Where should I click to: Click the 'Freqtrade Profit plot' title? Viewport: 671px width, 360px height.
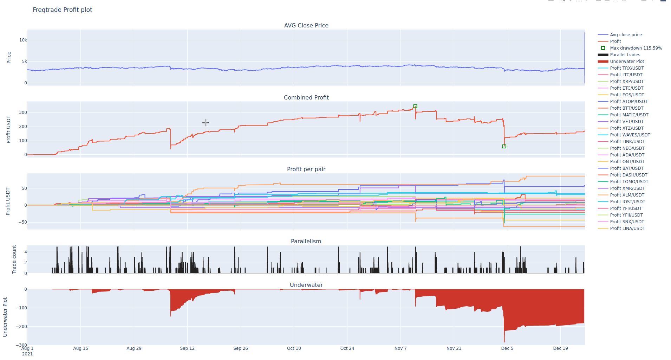coord(63,10)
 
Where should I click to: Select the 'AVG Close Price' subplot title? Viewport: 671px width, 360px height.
coord(306,25)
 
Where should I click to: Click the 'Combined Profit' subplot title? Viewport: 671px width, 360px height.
coord(306,97)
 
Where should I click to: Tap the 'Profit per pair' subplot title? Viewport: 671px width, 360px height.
coord(306,169)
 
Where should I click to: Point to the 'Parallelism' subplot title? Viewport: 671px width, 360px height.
coord(306,241)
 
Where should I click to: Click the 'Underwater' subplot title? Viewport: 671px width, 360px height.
coord(306,285)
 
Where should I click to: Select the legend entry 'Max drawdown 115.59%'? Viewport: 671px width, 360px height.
coord(636,48)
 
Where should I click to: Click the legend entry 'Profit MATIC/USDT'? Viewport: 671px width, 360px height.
coord(629,115)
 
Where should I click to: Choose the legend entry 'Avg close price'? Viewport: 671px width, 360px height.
coord(626,35)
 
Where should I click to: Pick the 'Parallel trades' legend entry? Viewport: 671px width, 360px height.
coord(625,55)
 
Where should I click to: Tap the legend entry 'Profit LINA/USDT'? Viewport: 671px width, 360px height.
coord(627,229)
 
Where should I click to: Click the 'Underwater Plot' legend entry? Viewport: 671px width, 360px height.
coord(627,62)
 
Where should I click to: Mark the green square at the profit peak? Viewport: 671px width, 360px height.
coord(415,106)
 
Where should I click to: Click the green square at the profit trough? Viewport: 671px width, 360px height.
coord(504,146)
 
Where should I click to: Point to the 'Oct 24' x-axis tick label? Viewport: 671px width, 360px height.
coord(347,348)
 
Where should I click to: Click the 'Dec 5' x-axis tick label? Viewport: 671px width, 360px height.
coord(507,348)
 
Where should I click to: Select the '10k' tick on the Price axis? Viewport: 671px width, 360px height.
coord(23,40)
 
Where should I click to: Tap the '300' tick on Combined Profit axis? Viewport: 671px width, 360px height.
coord(23,112)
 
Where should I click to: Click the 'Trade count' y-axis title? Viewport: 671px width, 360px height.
coord(14,259)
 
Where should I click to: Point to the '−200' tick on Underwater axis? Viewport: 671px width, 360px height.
coord(21,327)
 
